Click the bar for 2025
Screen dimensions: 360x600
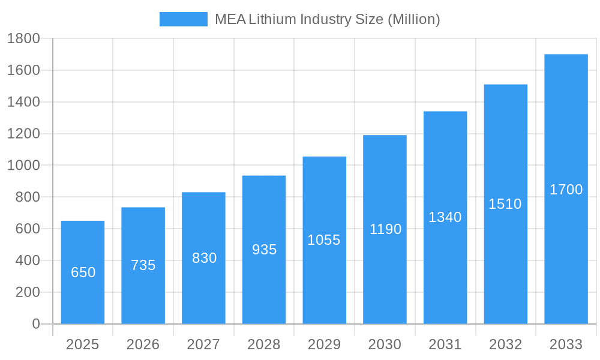tap(83, 272)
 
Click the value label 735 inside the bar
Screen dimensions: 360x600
tap(143, 265)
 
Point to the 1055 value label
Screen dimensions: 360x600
tap(324, 240)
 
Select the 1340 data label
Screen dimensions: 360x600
tap(445, 217)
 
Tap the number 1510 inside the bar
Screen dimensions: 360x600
tap(505, 204)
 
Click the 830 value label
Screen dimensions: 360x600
tap(204, 258)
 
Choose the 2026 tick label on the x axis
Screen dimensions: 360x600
tap(143, 344)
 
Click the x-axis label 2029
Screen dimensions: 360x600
tap(324, 344)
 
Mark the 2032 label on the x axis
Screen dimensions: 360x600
tap(505, 344)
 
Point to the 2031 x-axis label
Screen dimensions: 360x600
tap(445, 344)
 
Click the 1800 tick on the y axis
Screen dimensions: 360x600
tap(23, 39)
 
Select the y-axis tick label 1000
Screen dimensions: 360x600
tap(23, 166)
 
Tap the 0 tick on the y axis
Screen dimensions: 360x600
tap(35, 324)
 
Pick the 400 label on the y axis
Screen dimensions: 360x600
tap(27, 260)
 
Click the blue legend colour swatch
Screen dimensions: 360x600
tap(183, 19)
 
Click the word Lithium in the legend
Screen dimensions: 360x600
tap(272, 19)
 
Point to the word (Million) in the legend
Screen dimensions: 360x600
tap(413, 19)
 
